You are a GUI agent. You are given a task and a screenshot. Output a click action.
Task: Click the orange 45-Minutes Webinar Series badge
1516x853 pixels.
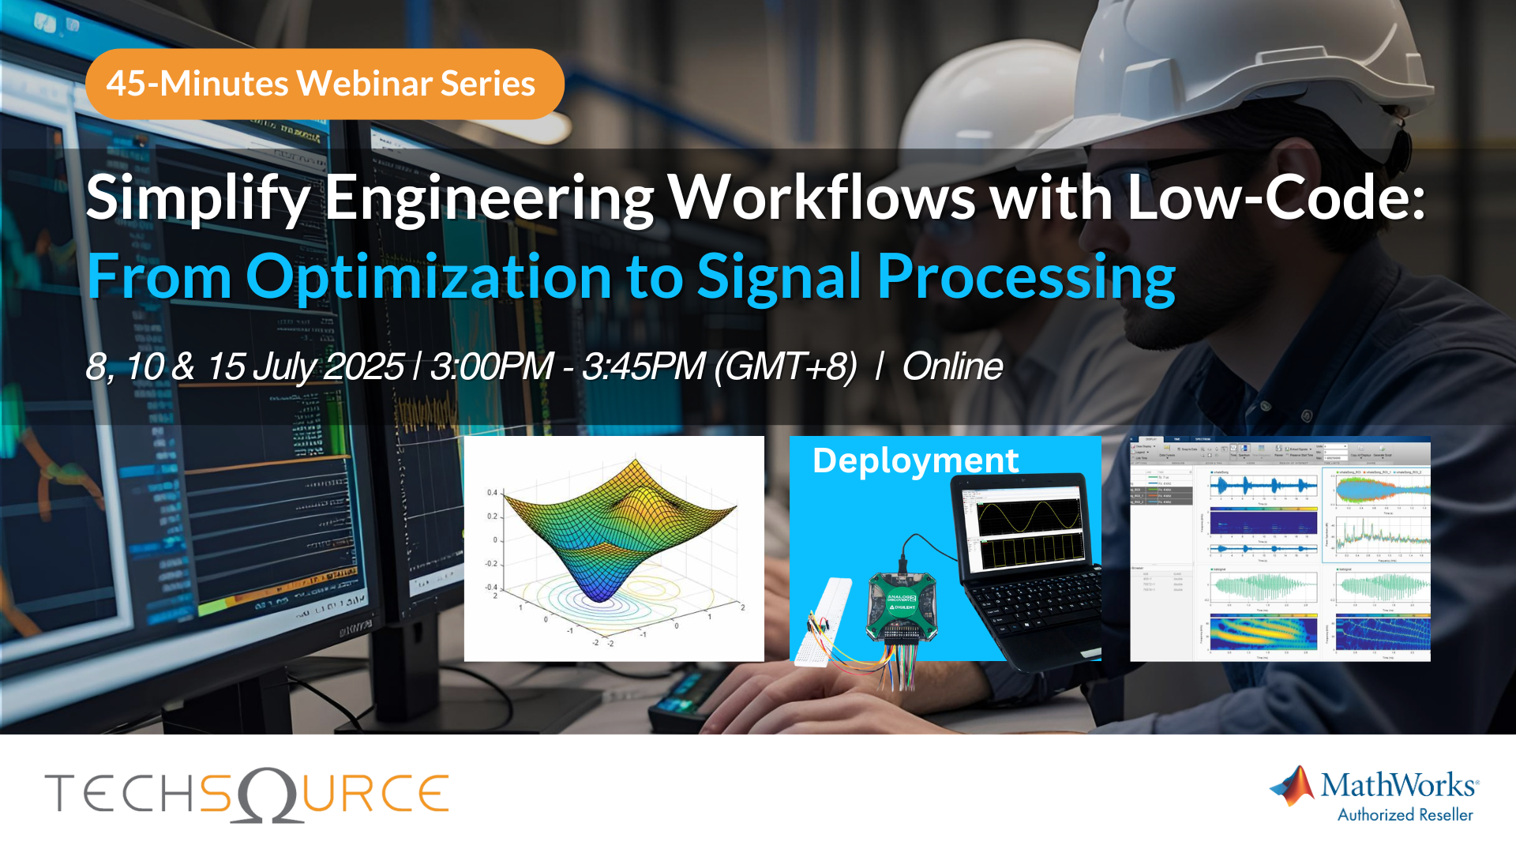click(324, 84)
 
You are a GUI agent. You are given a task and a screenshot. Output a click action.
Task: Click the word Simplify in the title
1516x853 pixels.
click(197, 197)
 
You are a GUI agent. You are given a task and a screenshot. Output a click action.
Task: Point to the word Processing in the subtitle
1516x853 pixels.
click(1026, 278)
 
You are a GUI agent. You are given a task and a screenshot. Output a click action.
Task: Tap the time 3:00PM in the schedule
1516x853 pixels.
click(491, 366)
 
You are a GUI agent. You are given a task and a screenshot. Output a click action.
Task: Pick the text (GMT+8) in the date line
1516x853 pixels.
click(785, 366)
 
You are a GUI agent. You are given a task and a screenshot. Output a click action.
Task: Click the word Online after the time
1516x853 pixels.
click(952, 366)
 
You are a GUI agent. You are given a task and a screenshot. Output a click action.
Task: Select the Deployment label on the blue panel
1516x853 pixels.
click(915, 460)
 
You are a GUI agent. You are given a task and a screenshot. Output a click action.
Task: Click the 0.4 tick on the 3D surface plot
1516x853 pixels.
click(492, 493)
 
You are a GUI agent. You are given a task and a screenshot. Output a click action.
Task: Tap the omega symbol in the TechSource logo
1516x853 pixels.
click(269, 795)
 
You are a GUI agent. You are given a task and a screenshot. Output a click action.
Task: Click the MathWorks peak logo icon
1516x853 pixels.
click(1292, 786)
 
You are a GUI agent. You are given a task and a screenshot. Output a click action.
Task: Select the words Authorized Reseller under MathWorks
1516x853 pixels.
click(1405, 815)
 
